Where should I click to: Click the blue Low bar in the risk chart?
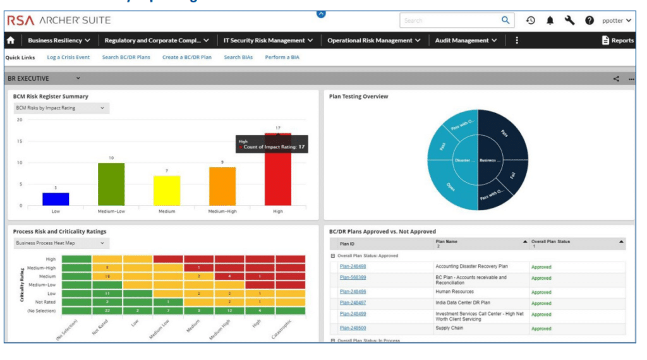(x=56, y=199)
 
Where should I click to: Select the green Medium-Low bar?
(x=111, y=184)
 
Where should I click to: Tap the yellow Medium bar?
(x=167, y=190)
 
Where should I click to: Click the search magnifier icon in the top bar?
(x=505, y=20)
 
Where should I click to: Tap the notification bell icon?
(x=550, y=21)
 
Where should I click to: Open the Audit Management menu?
(x=466, y=40)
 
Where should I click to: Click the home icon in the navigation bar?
(x=11, y=40)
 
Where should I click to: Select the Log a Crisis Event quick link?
(x=68, y=57)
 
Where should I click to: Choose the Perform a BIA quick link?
(x=282, y=57)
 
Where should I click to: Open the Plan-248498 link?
(x=353, y=267)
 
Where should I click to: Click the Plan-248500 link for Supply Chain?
(x=353, y=328)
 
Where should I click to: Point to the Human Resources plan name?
(x=454, y=292)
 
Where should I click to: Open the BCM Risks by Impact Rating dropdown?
(x=61, y=108)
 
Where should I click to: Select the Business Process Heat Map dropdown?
(x=61, y=243)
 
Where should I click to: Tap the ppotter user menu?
(x=616, y=21)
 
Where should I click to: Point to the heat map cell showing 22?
(x=107, y=311)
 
